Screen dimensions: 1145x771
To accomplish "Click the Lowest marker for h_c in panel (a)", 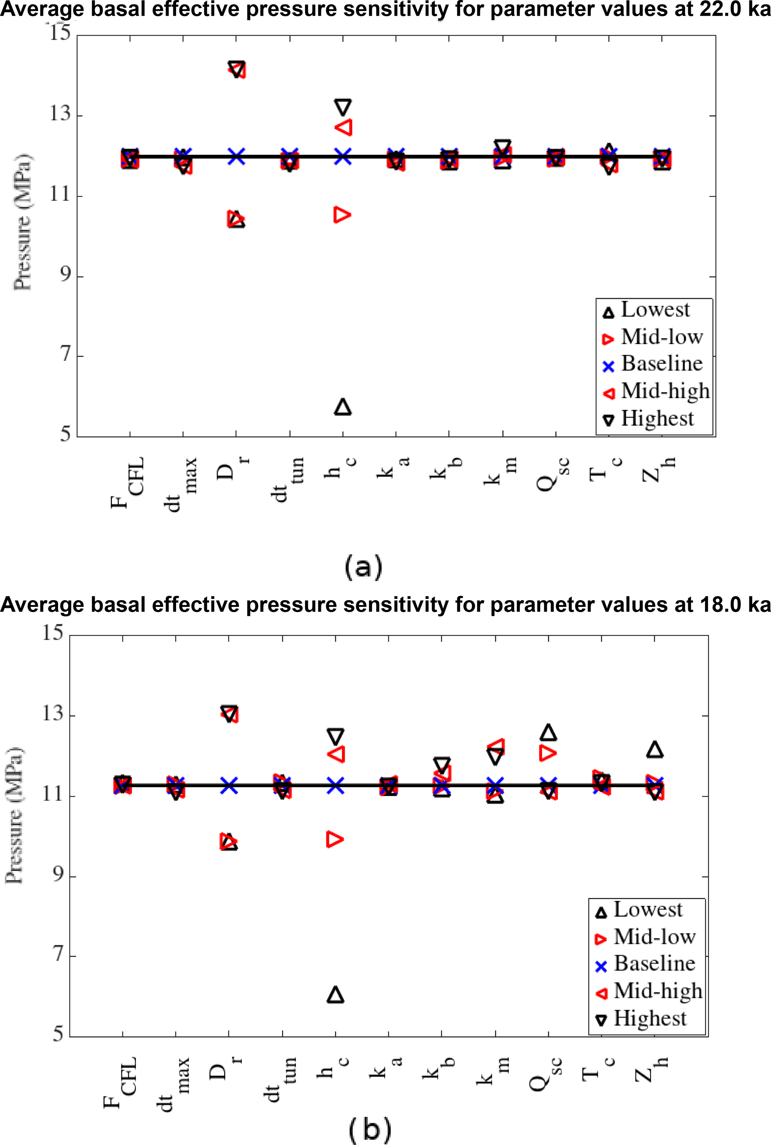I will tap(343, 407).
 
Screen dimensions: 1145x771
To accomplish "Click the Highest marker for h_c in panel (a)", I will tap(343, 107).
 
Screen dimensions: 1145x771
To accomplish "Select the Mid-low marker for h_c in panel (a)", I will tap(342, 215).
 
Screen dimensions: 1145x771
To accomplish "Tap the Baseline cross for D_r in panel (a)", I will tap(236, 157).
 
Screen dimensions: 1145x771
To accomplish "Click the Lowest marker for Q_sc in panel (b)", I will tap(548, 732).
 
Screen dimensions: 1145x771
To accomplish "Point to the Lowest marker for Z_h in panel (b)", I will tap(655, 749).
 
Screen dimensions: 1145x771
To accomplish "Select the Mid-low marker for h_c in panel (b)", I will tap(335, 840).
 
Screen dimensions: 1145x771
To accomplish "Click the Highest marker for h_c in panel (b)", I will tap(335, 736).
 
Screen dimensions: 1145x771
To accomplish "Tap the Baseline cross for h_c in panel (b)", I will tap(335, 786).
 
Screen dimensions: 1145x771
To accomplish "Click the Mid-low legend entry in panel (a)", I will tap(654, 337).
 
